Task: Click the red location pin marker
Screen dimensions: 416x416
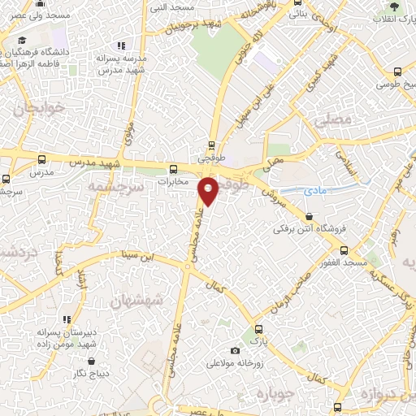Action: [x=209, y=190]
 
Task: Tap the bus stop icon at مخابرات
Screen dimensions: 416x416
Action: [x=171, y=170]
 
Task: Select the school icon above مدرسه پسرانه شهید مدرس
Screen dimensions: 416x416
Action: [x=121, y=46]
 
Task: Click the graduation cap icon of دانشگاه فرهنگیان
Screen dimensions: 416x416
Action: [x=22, y=40]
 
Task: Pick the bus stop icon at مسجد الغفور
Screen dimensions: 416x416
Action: [x=344, y=250]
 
